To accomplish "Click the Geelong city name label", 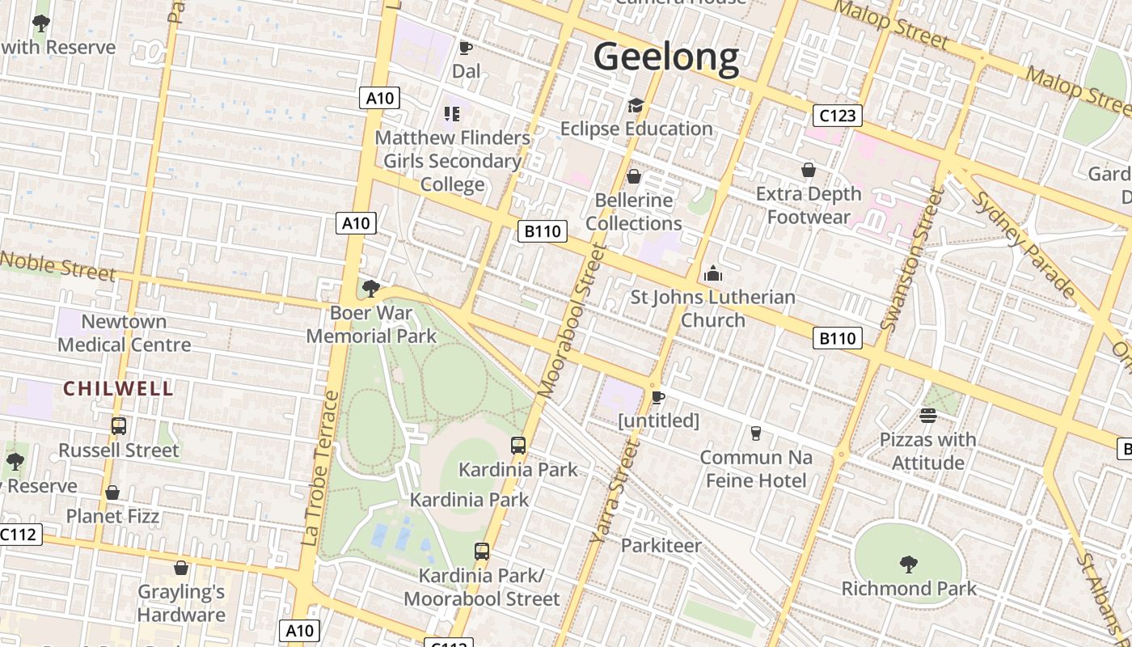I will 666,57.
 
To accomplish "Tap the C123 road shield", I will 837,116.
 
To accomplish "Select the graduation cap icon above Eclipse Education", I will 636,105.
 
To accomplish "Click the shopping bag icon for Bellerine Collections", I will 634,175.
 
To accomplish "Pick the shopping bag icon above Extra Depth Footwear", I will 808,170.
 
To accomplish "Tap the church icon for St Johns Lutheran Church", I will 712,273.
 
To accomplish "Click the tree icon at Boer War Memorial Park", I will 371,288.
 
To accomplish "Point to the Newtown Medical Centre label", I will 125,333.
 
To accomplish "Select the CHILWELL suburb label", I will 118,389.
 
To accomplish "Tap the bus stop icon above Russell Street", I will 118,425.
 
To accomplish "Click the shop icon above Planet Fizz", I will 112,493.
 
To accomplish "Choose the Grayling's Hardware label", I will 181,603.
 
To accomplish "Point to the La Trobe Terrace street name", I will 321,468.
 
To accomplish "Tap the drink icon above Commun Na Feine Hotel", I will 755,433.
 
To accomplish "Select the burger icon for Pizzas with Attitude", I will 927,416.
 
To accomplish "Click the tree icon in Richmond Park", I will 908,564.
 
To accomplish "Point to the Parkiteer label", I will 661,546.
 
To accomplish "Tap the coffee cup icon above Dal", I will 465,48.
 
